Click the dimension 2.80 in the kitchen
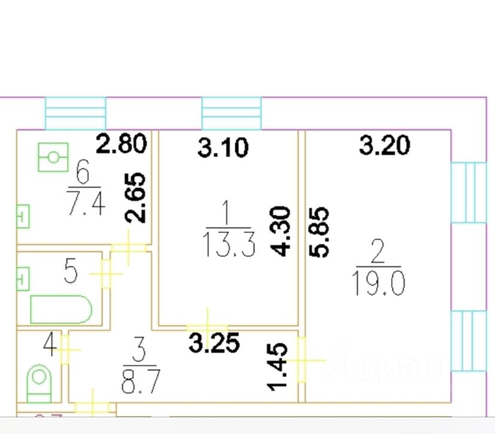click(x=121, y=145)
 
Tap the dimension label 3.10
click(x=222, y=147)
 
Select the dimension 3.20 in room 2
click(x=384, y=145)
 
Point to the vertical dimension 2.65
click(x=137, y=198)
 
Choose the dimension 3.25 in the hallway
click(x=214, y=343)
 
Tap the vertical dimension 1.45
click(x=279, y=366)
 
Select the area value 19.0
click(x=379, y=283)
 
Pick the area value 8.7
click(x=140, y=381)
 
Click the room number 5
click(x=71, y=273)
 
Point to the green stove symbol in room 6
click(x=53, y=157)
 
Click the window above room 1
click(x=232, y=113)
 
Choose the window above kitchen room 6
click(x=75, y=113)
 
